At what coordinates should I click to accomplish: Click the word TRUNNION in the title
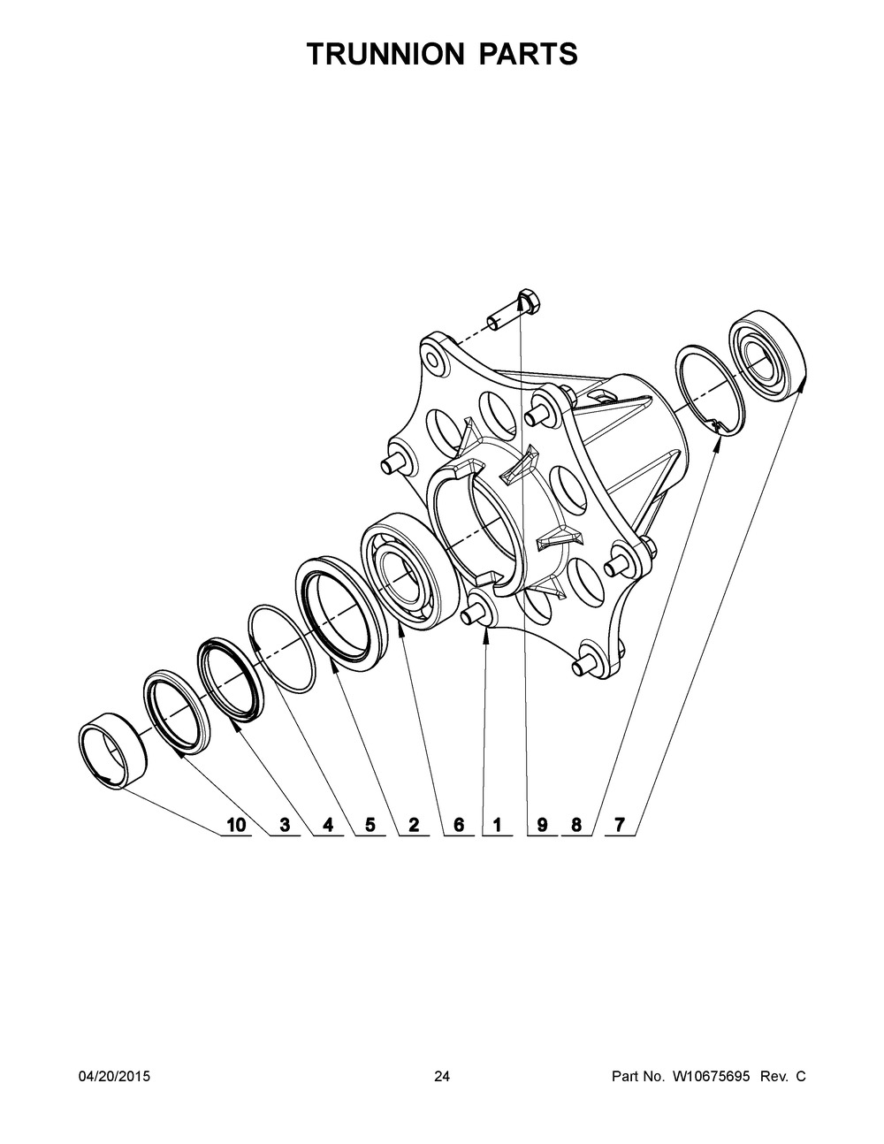tap(385, 55)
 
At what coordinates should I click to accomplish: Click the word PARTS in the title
tap(529, 55)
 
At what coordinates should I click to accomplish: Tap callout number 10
tap(236, 826)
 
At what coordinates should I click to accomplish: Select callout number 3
tap(285, 826)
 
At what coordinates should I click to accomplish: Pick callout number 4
tap(328, 826)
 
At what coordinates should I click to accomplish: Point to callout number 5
tap(370, 826)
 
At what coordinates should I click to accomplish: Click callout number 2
tap(413, 826)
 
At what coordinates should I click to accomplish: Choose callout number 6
tap(458, 826)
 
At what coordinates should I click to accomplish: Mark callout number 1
tap(498, 826)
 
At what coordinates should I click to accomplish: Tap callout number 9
tap(542, 826)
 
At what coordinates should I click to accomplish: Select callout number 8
tap(576, 826)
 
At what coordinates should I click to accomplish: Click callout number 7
tap(620, 826)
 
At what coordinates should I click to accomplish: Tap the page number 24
tap(442, 1077)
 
